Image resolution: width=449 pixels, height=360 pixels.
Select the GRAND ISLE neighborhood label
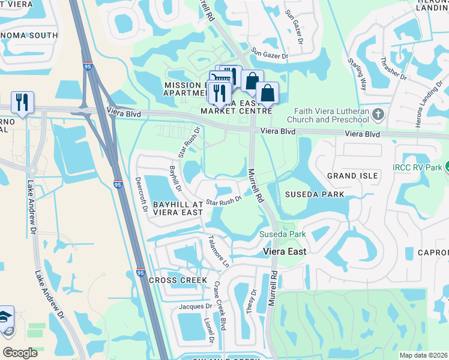click(352, 176)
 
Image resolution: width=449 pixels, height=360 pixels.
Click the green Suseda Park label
click(282, 234)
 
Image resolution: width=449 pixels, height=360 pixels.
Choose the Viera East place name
click(285, 252)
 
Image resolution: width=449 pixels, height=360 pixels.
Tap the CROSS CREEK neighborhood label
click(178, 280)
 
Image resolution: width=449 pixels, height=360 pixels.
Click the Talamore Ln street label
click(218, 251)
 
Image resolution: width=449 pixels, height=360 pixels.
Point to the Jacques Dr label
click(196, 307)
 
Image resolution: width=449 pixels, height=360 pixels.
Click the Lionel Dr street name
click(211, 330)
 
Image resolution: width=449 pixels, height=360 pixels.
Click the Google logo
click(20, 353)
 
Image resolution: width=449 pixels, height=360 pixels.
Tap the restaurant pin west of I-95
click(22, 101)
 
